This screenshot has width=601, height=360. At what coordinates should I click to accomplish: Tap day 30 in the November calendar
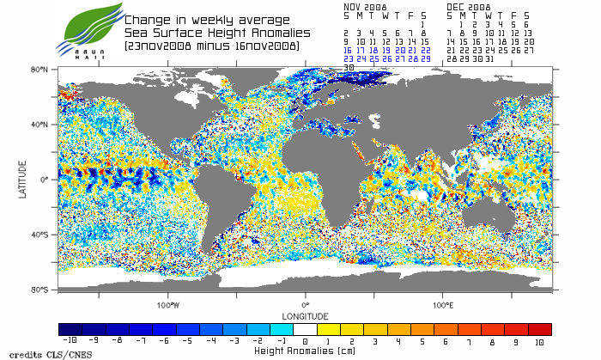[x=349, y=67]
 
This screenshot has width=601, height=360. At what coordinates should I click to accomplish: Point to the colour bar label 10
[x=540, y=342]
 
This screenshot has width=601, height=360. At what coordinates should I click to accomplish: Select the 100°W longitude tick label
[x=168, y=304]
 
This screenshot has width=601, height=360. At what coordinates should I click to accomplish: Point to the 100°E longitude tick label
[x=443, y=304]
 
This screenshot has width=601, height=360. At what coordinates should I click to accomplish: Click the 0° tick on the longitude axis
[x=306, y=304]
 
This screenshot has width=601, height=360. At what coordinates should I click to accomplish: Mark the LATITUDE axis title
[x=22, y=179]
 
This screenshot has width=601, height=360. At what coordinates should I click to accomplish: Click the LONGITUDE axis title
[x=306, y=314]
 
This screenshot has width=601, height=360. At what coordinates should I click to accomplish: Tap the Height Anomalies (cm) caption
[x=306, y=351]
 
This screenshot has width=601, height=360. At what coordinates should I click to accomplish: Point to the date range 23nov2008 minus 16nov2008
[x=211, y=45]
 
